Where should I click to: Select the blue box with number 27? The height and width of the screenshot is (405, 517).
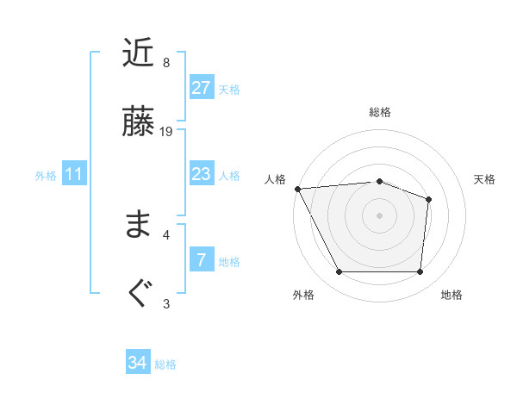coord(201,88)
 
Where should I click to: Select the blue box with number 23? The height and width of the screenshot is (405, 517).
coord(201,174)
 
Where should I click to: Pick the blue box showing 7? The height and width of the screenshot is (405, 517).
coord(201,260)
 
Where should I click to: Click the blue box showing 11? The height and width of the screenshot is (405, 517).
coord(74,174)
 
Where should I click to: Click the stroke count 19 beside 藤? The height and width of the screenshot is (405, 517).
coord(167,132)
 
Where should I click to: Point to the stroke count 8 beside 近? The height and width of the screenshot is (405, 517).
coord(166,63)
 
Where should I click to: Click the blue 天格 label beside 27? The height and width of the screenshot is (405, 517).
coord(229,90)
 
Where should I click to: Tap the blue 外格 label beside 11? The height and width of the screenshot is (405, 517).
coord(46,176)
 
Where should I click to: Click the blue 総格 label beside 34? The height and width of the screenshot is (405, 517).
coord(165,364)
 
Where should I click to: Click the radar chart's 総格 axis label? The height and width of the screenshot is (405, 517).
coord(380,112)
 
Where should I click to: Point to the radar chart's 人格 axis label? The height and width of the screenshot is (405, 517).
coord(275,179)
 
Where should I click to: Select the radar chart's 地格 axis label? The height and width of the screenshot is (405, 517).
coord(452,295)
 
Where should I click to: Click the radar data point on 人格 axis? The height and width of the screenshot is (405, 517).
coord(297,189)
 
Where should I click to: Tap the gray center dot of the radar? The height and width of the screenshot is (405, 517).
coord(379,215)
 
